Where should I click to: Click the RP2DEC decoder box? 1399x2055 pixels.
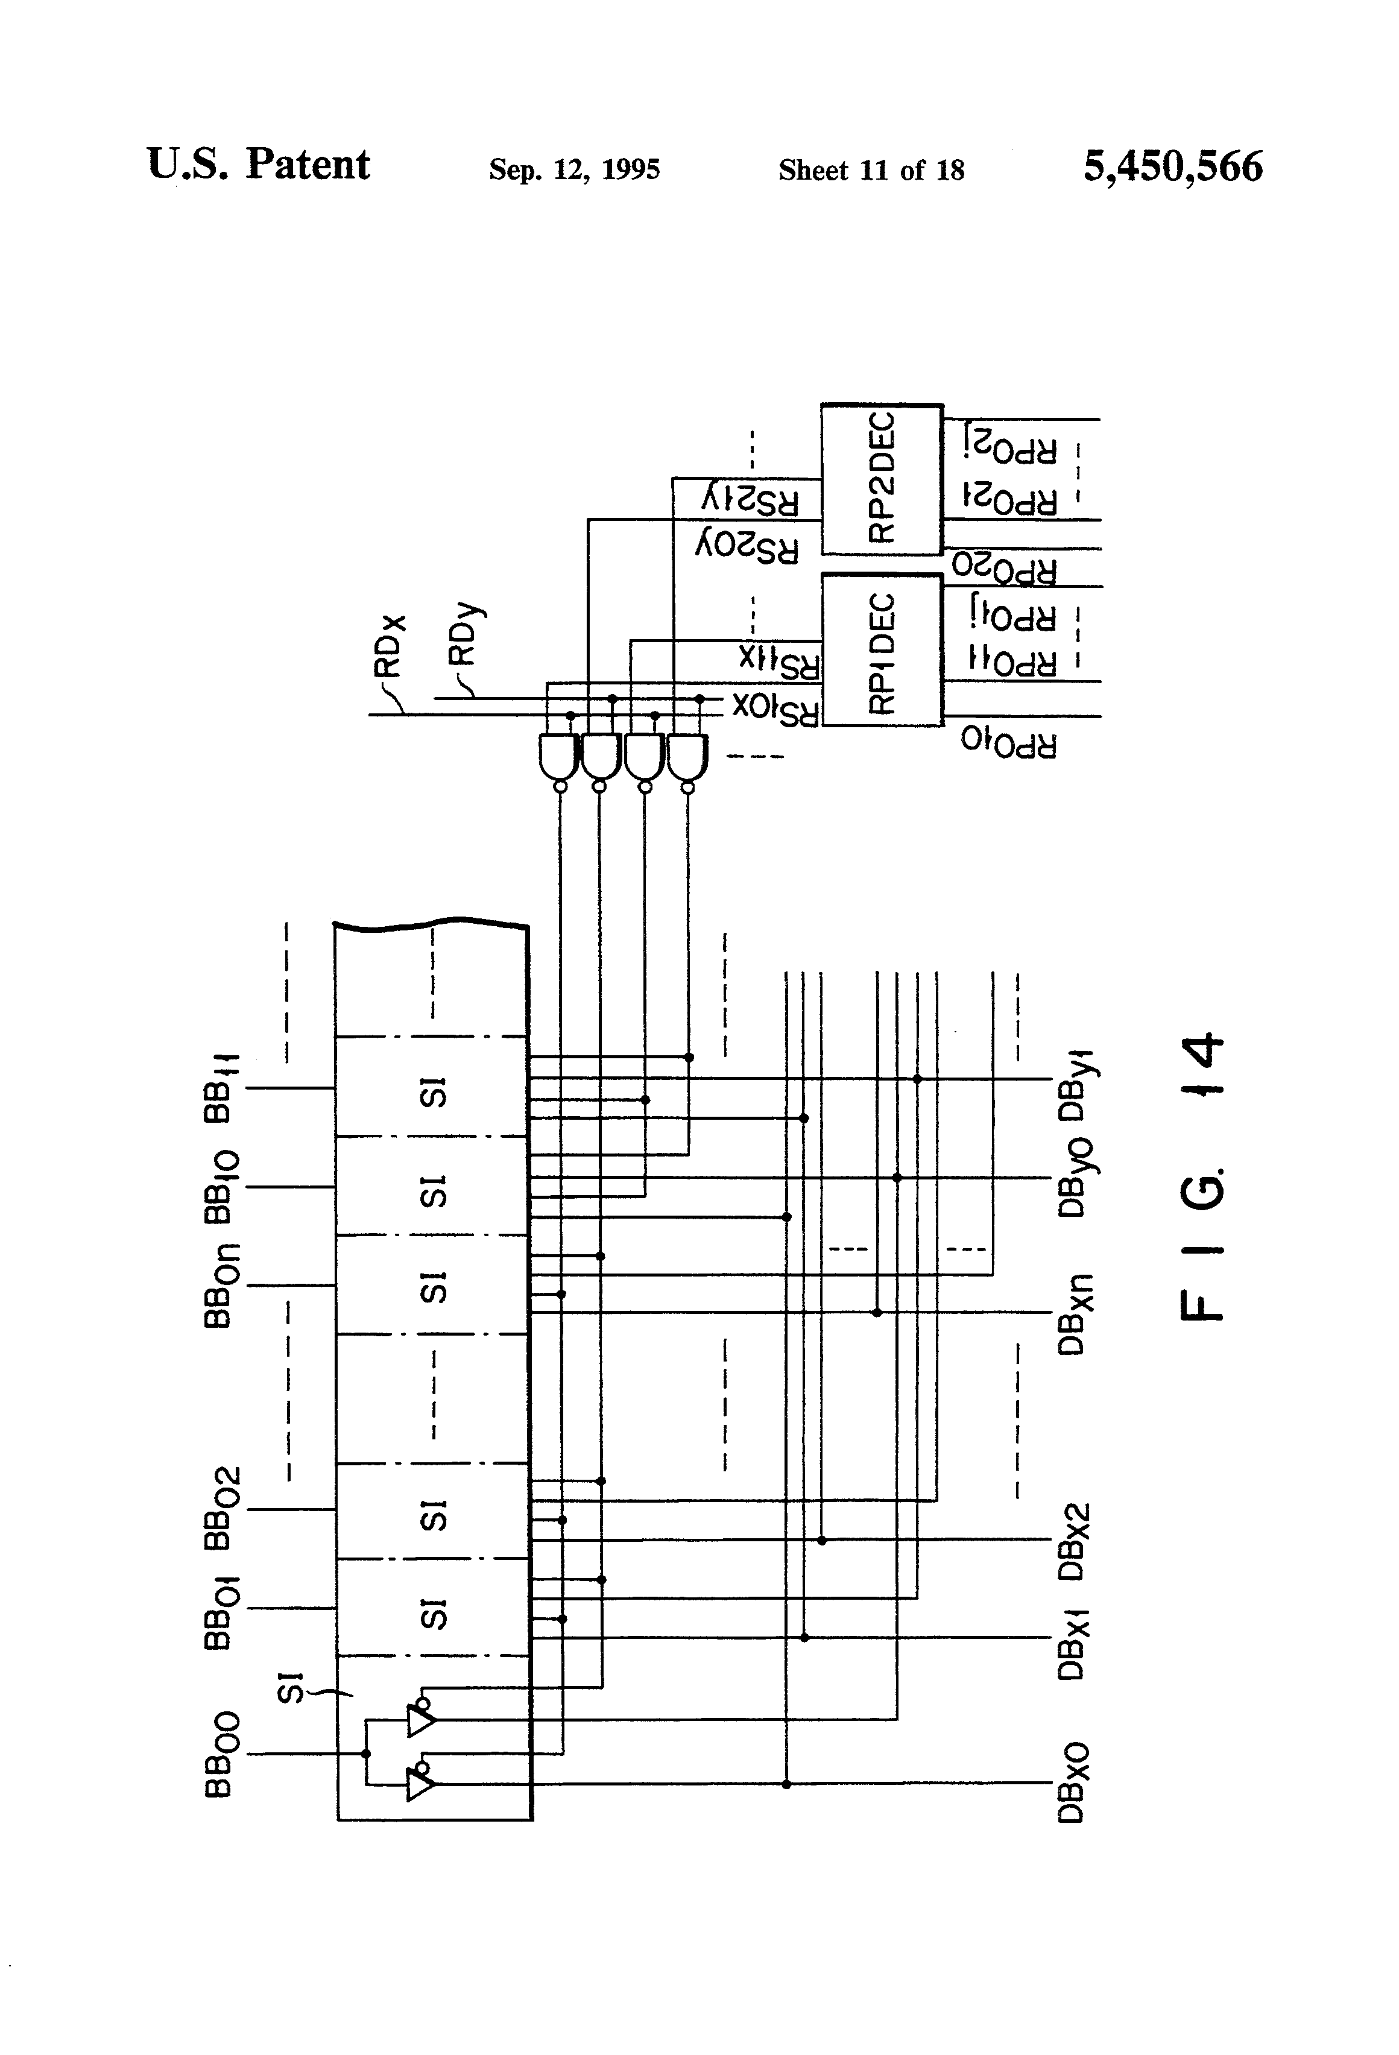(x=882, y=480)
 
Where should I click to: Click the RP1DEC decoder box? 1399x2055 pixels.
(x=882, y=651)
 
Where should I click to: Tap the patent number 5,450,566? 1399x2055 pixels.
(x=1173, y=166)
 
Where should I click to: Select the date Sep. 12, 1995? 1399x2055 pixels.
(x=574, y=169)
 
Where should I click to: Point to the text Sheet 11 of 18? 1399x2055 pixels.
(x=871, y=170)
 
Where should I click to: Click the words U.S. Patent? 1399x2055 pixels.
(x=258, y=165)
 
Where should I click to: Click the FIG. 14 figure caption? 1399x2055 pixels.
(x=1202, y=1176)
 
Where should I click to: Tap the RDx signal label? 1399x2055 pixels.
(x=390, y=645)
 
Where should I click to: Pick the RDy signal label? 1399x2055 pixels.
(x=463, y=635)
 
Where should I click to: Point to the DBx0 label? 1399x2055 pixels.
(x=1073, y=1784)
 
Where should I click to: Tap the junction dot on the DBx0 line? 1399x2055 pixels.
(x=786, y=1784)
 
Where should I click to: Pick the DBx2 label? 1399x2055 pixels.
(x=1073, y=1541)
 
